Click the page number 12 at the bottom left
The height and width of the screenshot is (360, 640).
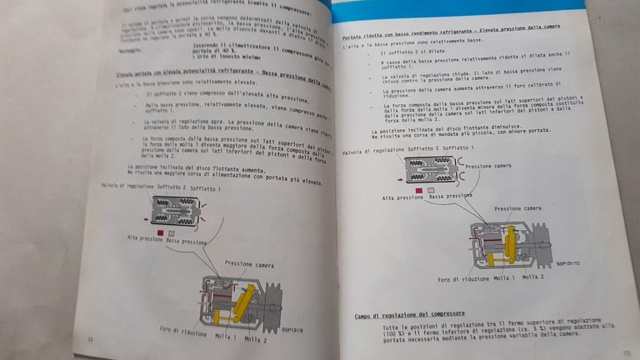89,339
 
